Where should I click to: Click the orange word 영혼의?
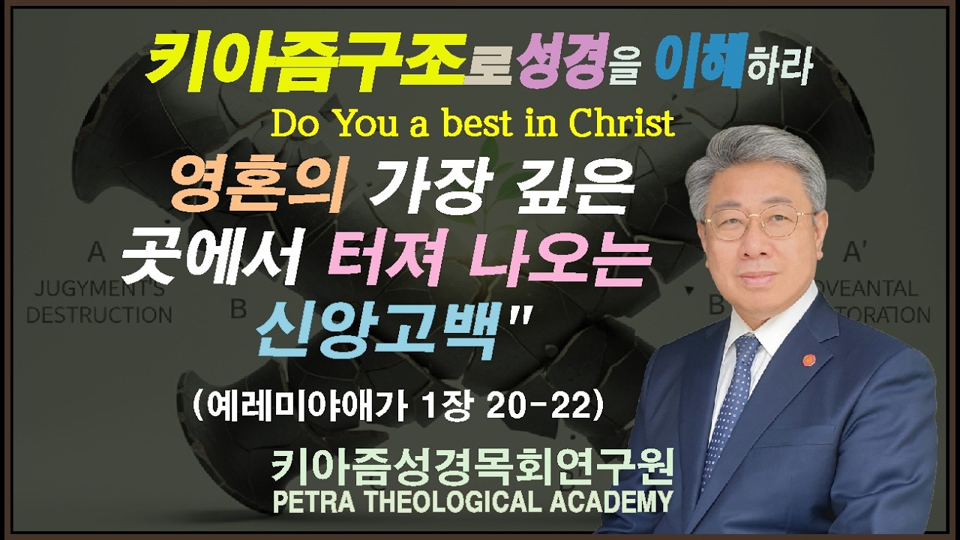pos(259,187)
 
